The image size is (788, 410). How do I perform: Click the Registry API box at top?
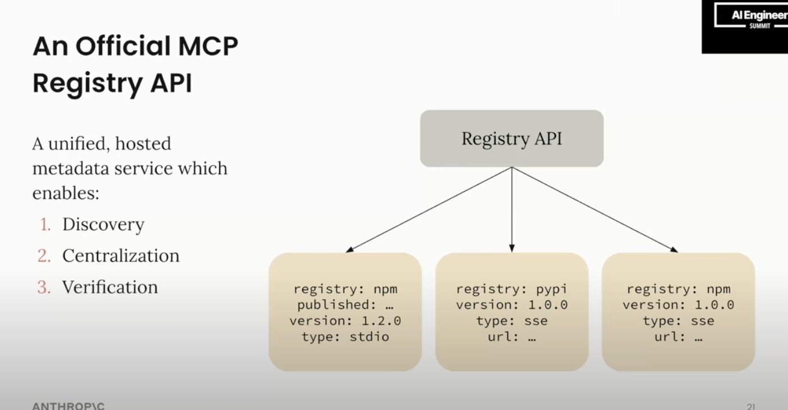click(511, 139)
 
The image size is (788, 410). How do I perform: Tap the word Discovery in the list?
click(103, 225)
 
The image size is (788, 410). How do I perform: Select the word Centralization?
click(121, 256)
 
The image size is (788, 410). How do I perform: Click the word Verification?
click(110, 288)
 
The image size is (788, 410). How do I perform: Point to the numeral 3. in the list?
click(44, 288)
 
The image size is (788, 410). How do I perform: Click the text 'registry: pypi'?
click(511, 289)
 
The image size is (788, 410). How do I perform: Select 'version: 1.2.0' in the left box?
click(345, 321)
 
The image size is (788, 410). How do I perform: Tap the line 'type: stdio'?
click(345, 337)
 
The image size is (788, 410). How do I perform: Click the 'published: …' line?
click(345, 305)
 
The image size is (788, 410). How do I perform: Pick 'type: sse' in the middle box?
click(511, 321)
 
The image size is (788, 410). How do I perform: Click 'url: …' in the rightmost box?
click(678, 338)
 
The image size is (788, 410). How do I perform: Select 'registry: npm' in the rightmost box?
click(678, 289)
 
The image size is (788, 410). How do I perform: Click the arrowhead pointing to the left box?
click(349, 249)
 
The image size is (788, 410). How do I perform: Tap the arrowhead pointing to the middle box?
click(511, 248)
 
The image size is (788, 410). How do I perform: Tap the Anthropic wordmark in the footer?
click(68, 406)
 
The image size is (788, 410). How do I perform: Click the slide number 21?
click(750, 406)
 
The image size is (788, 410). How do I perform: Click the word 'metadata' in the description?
click(70, 168)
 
